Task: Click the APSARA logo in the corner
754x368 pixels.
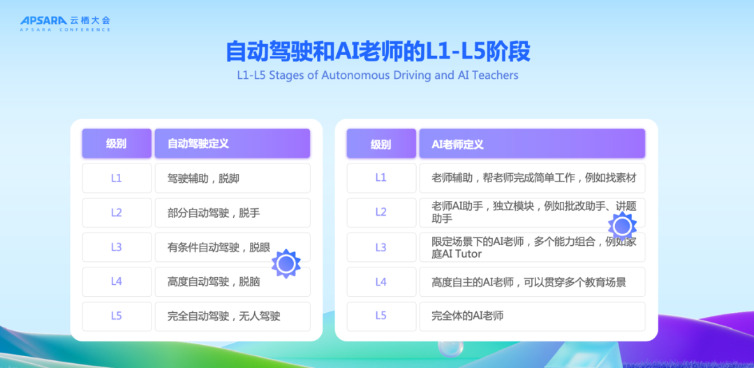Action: point(65,23)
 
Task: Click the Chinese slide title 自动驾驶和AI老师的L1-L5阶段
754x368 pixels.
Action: point(378,52)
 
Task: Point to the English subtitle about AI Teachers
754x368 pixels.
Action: point(378,75)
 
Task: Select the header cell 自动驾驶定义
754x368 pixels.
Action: point(232,143)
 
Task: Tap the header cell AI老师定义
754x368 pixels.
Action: point(532,143)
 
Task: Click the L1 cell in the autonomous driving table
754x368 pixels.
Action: point(117,178)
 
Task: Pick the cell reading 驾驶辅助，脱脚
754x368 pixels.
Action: point(232,178)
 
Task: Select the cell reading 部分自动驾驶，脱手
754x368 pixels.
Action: point(232,212)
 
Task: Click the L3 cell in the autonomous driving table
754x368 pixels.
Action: point(117,247)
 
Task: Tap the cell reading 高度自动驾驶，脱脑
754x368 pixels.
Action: point(232,282)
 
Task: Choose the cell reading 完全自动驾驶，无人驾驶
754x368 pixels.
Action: point(232,316)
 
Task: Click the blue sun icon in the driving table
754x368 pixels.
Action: point(286,264)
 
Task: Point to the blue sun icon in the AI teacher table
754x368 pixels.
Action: point(622,226)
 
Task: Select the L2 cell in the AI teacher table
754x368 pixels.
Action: point(381,212)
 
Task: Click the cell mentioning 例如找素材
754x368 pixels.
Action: point(532,178)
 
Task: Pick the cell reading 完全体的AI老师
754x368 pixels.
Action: point(532,316)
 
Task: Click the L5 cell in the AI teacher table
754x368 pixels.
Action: point(381,316)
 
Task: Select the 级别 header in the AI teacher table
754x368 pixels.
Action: point(381,143)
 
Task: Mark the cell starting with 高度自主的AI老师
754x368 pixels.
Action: point(532,282)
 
